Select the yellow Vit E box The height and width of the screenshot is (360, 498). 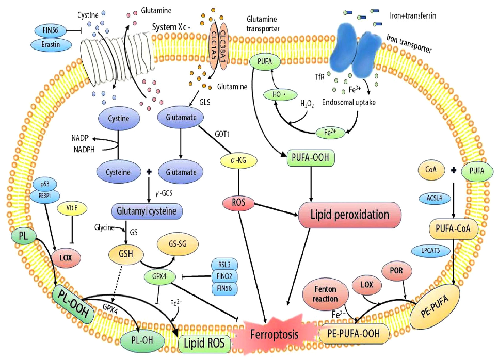point(72,208)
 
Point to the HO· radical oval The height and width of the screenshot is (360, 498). point(278,95)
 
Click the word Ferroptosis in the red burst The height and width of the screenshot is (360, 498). point(275,335)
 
